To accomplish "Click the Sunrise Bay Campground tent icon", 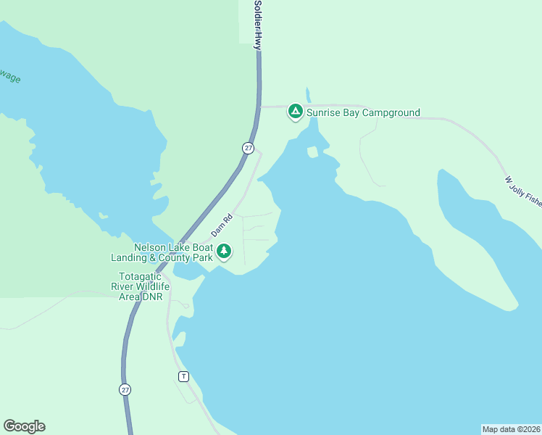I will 295,112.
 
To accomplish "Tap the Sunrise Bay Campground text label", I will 363,112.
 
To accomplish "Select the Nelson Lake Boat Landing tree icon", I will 225,252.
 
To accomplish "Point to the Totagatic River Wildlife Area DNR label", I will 144,287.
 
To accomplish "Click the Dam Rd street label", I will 221,225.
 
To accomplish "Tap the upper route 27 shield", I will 249,148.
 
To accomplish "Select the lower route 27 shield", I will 125,389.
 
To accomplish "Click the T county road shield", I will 183,376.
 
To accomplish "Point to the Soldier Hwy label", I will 257,25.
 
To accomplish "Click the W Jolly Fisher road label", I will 523,191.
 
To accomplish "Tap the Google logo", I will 24,426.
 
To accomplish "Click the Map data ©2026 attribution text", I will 511,428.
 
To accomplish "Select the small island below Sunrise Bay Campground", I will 313,152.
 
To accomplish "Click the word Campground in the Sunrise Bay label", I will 391,112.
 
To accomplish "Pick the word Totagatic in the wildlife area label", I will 144,276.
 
